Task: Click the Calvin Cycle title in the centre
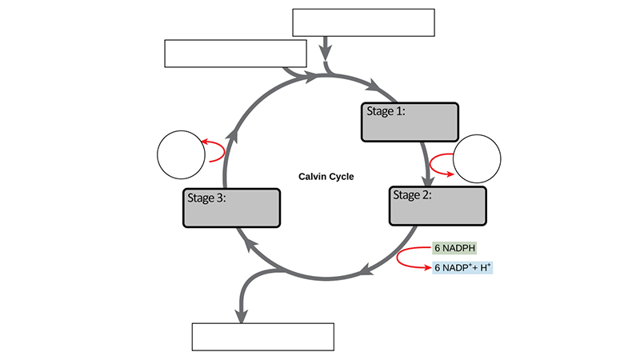[x=326, y=177]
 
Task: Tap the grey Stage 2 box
[x=438, y=206]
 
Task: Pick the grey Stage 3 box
[x=232, y=208]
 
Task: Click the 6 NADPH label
[x=454, y=249]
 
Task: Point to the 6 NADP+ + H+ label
[x=462, y=268]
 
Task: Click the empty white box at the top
[x=363, y=23]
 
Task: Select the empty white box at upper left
[x=235, y=54]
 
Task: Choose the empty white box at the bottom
[x=262, y=337]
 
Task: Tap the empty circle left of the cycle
[x=181, y=154]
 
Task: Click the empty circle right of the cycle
[x=477, y=159]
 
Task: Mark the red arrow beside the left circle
[x=213, y=151]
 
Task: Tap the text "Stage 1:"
[x=386, y=111]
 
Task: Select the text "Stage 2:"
[x=411, y=194]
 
